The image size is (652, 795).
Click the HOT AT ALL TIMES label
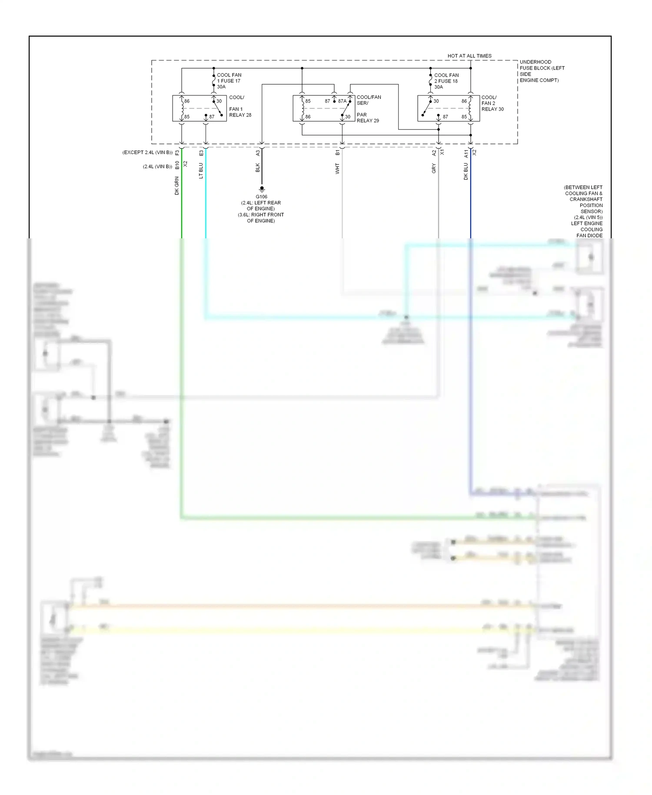(x=469, y=56)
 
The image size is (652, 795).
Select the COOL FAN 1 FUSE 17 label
(x=229, y=81)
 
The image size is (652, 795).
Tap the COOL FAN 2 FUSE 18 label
(x=446, y=81)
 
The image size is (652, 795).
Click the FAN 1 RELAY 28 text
(x=240, y=112)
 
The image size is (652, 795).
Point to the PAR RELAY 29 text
(x=368, y=118)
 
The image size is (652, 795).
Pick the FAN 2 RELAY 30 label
(x=492, y=106)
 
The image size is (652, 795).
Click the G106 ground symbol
(x=262, y=189)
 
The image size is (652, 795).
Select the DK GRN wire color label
(x=177, y=186)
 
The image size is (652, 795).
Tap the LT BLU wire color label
(x=201, y=171)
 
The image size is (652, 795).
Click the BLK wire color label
(x=257, y=168)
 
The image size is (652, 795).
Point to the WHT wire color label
(x=337, y=169)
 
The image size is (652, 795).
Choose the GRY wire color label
(x=434, y=169)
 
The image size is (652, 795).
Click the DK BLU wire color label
(x=466, y=171)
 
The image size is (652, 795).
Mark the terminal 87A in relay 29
(x=342, y=101)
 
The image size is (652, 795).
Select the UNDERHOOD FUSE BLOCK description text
(x=542, y=71)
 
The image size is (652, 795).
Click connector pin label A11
(x=466, y=154)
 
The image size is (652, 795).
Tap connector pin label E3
(x=201, y=153)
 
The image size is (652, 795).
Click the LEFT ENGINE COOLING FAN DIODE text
(x=587, y=229)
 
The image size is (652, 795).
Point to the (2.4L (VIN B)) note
(x=157, y=167)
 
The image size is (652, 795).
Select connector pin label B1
(x=338, y=153)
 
